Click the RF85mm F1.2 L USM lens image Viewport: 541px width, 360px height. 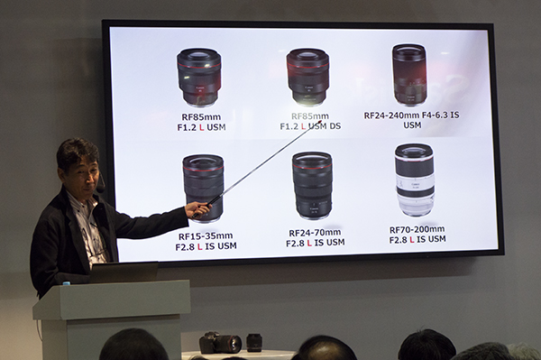[198, 76]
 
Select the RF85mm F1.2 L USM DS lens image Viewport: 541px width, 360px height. [307, 76]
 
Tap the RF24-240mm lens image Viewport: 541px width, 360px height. [409, 74]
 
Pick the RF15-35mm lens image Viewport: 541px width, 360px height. [203, 186]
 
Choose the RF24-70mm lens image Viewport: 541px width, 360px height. [312, 185]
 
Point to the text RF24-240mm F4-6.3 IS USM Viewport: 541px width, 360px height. [412, 120]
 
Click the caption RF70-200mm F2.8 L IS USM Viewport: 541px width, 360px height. [417, 235]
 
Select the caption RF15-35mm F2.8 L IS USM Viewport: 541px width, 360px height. [206, 240]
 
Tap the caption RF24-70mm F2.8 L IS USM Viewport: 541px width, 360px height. [316, 237]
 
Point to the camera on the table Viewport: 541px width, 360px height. [220, 342]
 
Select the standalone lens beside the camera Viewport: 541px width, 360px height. [254, 342]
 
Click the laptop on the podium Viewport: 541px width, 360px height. [123, 272]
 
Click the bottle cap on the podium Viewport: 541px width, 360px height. [67, 282]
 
